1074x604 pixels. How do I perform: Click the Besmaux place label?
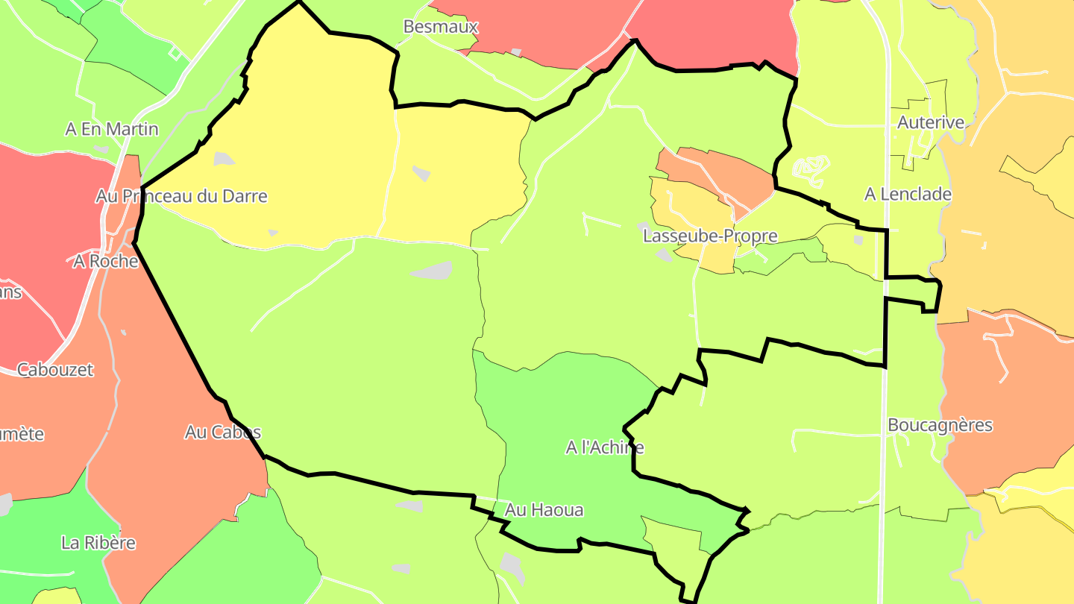440,27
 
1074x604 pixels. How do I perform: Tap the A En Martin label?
112,129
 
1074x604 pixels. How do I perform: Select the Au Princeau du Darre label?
181,196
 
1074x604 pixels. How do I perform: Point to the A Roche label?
106,261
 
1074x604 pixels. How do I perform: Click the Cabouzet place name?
55,369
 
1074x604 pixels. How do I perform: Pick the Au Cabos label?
223,432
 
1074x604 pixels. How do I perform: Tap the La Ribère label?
98,542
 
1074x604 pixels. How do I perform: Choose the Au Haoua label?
544,510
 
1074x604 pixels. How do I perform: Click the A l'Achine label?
604,447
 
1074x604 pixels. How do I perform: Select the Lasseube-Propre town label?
710,236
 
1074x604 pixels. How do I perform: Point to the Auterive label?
931,122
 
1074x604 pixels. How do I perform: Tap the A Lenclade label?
908,195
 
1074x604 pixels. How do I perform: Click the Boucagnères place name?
940,425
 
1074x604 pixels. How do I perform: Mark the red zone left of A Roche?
37,224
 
